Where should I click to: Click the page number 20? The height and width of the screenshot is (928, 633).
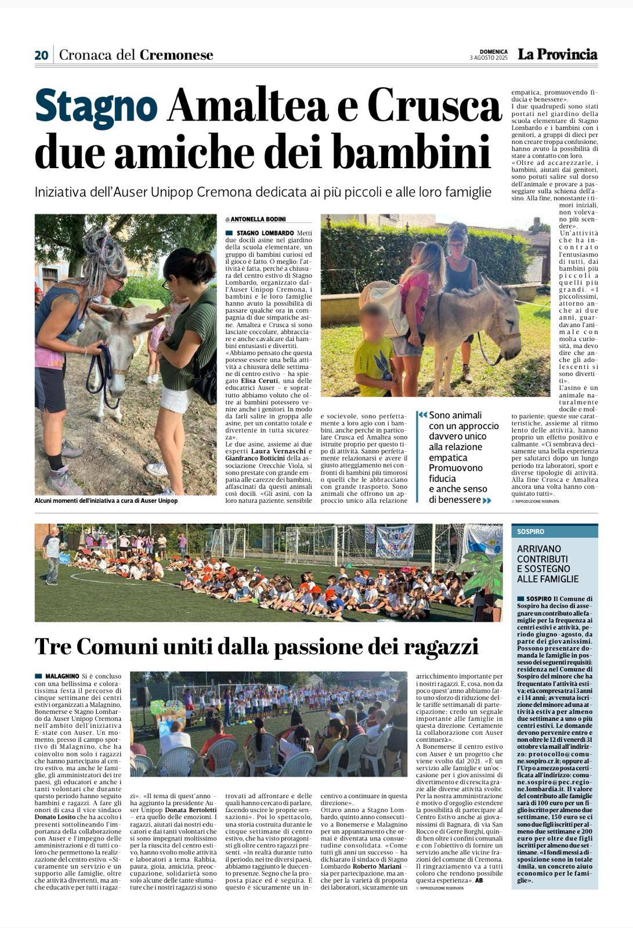coord(41,55)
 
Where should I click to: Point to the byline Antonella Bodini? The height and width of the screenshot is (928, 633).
coord(257,219)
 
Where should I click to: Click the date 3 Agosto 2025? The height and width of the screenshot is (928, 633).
coord(489,58)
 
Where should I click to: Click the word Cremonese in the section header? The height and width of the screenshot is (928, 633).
coord(176,55)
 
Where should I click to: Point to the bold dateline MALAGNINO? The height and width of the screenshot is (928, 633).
coord(61,676)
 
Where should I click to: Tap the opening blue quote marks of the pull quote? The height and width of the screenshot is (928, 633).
coord(422,415)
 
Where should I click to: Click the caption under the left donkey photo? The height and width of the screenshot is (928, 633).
coord(106,501)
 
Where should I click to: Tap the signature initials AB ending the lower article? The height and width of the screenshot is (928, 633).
coord(479,880)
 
